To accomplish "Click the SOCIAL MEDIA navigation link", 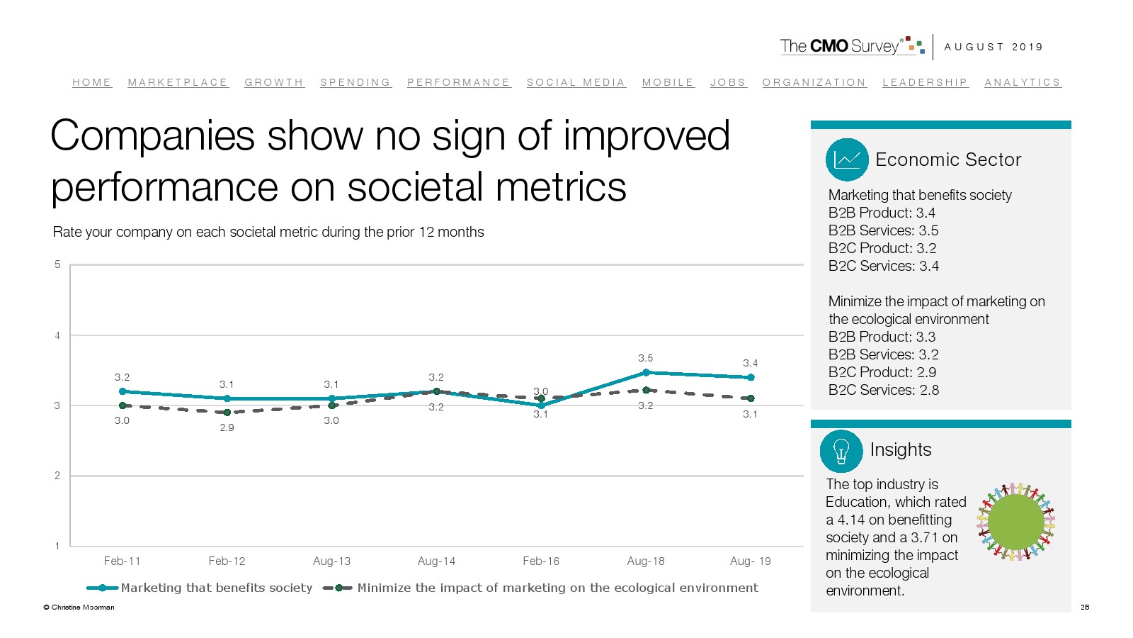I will [x=576, y=82].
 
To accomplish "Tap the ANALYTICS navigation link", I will [x=1023, y=82].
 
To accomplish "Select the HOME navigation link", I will [x=92, y=82].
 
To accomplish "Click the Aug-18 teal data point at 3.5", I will [x=646, y=372].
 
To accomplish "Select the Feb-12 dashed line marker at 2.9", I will [x=227, y=412].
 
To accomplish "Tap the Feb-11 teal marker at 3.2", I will [x=123, y=391].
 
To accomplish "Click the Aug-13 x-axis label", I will [x=331, y=561].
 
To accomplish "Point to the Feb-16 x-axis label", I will [x=541, y=561].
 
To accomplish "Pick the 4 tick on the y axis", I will [x=57, y=335].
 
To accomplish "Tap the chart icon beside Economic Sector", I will [x=847, y=159].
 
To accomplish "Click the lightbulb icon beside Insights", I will [x=841, y=451].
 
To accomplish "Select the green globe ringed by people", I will [x=1015, y=522].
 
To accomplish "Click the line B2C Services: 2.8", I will [x=884, y=390].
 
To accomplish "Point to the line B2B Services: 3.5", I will [x=883, y=230].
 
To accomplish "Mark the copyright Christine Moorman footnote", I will [x=79, y=607].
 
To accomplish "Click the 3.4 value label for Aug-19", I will [x=750, y=363].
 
